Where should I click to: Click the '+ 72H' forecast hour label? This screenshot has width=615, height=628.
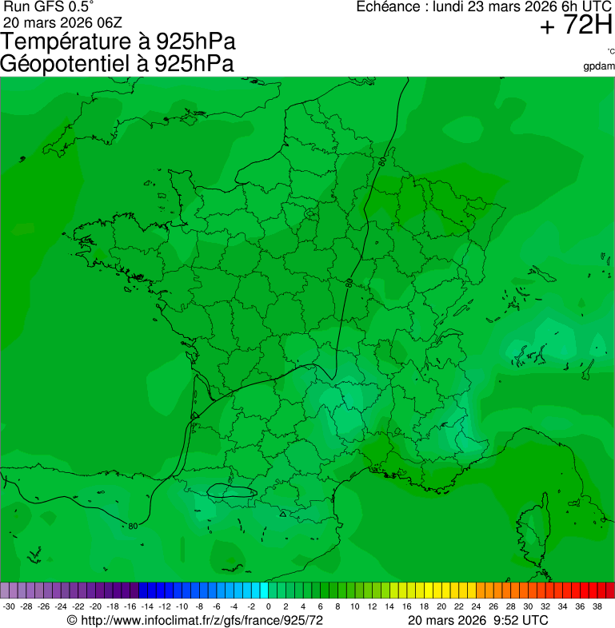click(576, 26)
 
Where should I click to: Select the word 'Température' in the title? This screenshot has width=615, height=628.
click(71, 42)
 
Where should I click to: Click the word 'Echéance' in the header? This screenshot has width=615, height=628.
click(389, 7)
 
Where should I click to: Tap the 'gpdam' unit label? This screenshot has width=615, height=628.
click(599, 66)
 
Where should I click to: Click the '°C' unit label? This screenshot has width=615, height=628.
click(610, 51)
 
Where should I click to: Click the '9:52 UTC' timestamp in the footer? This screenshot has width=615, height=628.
click(521, 620)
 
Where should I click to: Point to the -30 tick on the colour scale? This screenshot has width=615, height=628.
click(10, 606)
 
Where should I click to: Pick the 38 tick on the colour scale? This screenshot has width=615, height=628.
click(597, 606)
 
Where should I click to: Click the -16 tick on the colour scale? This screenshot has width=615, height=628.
click(130, 606)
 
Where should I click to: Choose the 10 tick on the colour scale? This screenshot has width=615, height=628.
click(355, 606)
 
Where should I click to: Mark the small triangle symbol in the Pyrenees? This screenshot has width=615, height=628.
click(283, 514)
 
